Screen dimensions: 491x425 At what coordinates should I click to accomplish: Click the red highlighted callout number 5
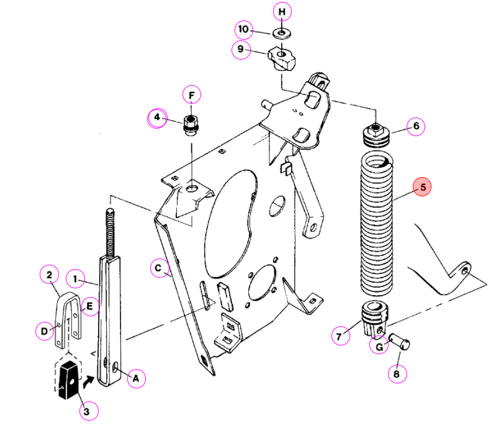[422, 187]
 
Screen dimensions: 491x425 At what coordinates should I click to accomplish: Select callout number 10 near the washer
[243, 29]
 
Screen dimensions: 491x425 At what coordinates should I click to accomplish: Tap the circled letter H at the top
[282, 12]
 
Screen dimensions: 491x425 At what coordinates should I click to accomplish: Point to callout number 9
[241, 49]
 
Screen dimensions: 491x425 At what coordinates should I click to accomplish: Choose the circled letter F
[192, 94]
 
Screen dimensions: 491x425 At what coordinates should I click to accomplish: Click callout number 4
[157, 117]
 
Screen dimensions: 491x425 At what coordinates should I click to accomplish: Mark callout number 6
[416, 126]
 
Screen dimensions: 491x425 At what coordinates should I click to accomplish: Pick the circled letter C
[160, 268]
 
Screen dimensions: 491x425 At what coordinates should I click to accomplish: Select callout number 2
[49, 275]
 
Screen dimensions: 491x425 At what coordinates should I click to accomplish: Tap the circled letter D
[45, 331]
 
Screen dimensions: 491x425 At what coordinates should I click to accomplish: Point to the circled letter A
[136, 378]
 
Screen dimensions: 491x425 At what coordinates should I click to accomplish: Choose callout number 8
[397, 373]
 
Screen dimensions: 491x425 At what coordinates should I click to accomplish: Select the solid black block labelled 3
[68, 380]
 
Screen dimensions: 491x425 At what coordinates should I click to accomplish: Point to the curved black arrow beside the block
[88, 382]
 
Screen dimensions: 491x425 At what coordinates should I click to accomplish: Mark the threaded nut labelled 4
[191, 125]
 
